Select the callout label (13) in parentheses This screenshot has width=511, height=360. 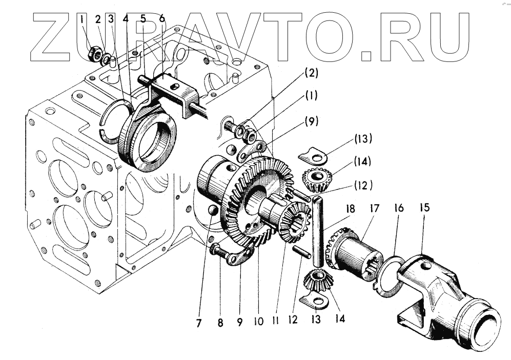362,139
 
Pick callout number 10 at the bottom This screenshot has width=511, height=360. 258,322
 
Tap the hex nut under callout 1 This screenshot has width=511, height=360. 94,53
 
